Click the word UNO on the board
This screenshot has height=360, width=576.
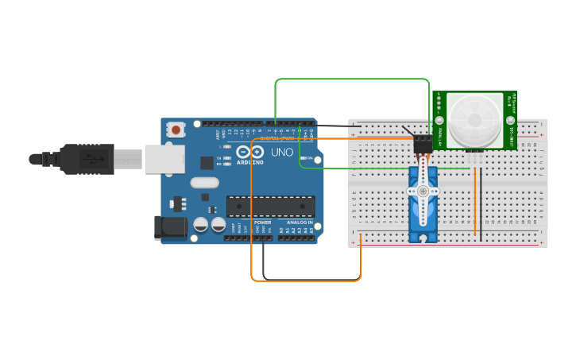[282, 152]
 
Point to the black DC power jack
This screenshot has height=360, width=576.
[170, 227]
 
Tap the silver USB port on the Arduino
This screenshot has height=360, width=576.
[163, 160]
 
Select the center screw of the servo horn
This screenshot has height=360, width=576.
[423, 192]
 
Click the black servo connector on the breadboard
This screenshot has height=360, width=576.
[423, 141]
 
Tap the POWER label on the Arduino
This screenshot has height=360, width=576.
[263, 223]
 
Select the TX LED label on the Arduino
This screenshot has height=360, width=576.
[219, 157]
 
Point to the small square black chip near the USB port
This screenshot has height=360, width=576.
[207, 163]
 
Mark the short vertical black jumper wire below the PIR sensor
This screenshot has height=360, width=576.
[482, 199]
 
